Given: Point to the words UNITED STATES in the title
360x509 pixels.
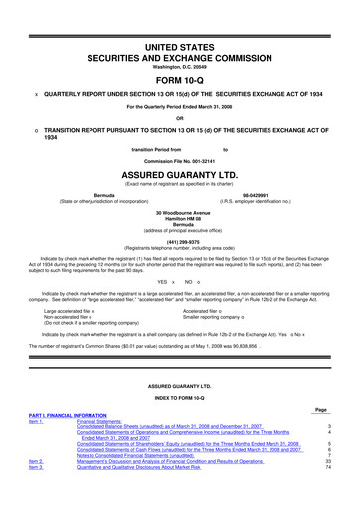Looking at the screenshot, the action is coord(179,20).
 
